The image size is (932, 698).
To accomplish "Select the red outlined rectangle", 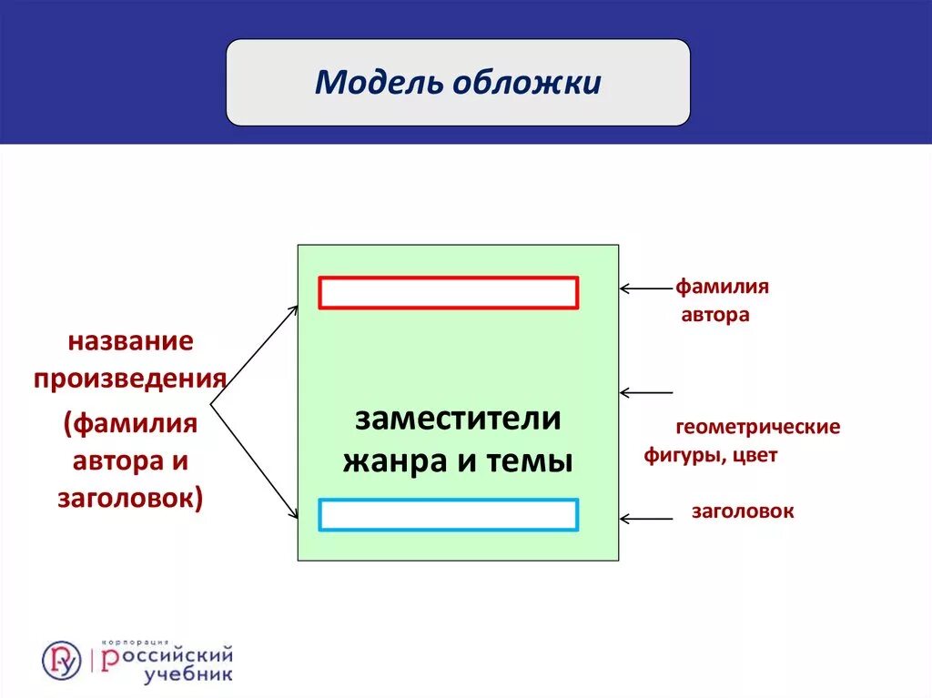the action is point(449,293).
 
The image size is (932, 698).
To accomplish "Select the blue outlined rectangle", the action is point(449,514).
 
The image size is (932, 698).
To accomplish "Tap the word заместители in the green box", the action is point(458,420).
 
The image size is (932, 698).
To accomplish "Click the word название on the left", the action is point(130,343).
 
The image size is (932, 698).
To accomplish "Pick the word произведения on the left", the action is point(130,378).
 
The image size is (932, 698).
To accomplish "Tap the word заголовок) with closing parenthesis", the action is point(130,499).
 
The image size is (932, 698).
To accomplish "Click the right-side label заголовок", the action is point(742,511).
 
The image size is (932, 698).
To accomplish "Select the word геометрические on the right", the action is point(757,427).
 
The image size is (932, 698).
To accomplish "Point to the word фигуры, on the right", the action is point(682,456).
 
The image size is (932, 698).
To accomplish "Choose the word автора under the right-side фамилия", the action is point(715,316).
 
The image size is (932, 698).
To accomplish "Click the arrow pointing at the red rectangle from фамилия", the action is point(646,288).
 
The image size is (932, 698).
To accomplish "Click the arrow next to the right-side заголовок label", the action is point(646,519).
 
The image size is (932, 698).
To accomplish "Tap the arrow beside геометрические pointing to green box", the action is point(646,393).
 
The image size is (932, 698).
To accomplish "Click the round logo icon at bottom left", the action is point(61,660).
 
